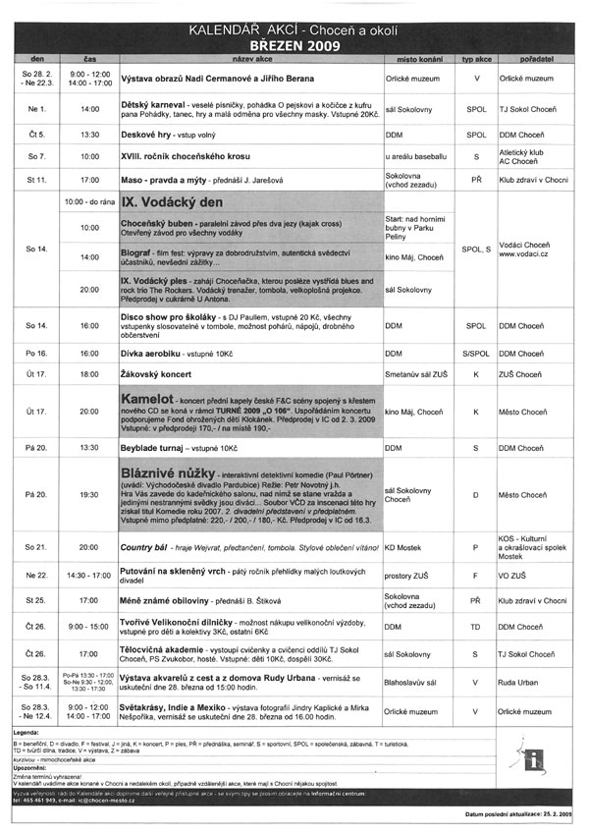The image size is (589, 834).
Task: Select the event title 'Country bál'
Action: [146, 545]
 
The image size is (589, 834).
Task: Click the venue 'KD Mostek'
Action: [403, 545]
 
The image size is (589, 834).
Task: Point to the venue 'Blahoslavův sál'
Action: [412, 683]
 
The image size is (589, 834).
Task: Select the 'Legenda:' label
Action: [27, 733]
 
